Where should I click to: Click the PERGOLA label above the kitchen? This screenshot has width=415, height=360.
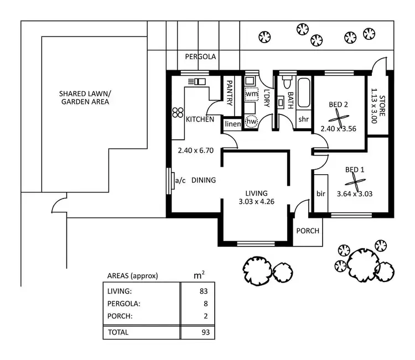pos(200,56)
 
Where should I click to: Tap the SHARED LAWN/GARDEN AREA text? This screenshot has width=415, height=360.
pos(85,98)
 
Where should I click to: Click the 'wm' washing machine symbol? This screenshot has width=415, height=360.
pos(252,95)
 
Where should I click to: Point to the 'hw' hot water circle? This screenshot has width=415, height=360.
pos(252,121)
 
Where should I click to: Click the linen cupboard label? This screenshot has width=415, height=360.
pos(233,124)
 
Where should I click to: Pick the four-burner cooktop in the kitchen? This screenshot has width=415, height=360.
pos(178,112)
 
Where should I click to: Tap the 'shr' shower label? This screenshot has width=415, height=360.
pos(303,119)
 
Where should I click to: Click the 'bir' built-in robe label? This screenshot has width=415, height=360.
pos(320,194)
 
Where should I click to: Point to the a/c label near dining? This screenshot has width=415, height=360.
pos(180,180)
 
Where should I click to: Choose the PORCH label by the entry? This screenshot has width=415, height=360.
pos(307,231)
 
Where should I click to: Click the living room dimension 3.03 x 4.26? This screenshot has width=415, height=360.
pos(257,201)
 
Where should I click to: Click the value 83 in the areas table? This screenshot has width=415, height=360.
pos(203,290)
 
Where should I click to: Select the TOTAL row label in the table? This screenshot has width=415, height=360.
pos(118,332)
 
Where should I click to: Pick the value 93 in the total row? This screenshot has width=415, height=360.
pos(203,332)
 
